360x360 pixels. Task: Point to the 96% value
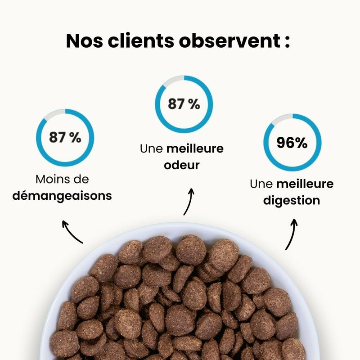(292, 143)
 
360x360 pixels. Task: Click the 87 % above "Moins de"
(65, 137)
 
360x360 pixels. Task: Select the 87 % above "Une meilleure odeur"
(184, 104)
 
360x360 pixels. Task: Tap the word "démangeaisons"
(62, 196)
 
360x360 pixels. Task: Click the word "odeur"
(182, 165)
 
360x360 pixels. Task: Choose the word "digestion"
(292, 200)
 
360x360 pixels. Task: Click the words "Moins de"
(62, 180)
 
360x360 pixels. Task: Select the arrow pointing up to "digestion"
(291, 234)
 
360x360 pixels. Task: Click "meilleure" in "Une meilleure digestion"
(305, 184)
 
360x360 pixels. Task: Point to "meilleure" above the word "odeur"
(195, 148)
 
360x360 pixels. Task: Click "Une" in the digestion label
(261, 184)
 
